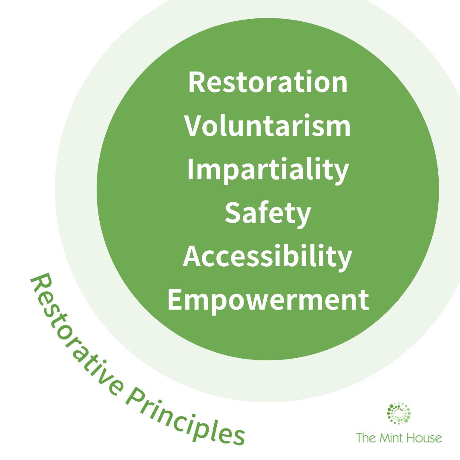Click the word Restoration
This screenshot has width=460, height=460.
coord(267,83)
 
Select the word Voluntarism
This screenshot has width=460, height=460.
coord(267,126)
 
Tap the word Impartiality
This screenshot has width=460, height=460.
coord(267,170)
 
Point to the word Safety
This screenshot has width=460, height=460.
coord(268,214)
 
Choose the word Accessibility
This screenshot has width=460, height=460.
coord(267,258)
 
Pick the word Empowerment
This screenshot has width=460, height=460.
coord(267,301)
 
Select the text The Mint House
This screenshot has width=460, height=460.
coord(399,437)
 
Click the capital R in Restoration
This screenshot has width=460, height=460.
coord(197,83)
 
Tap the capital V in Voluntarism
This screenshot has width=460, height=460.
coord(194,126)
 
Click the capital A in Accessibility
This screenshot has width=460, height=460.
coord(192,258)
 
